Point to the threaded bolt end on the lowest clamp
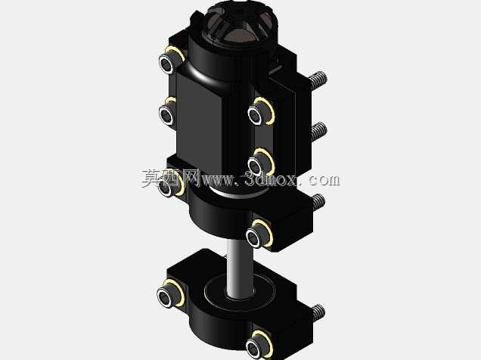[x=318, y=312]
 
